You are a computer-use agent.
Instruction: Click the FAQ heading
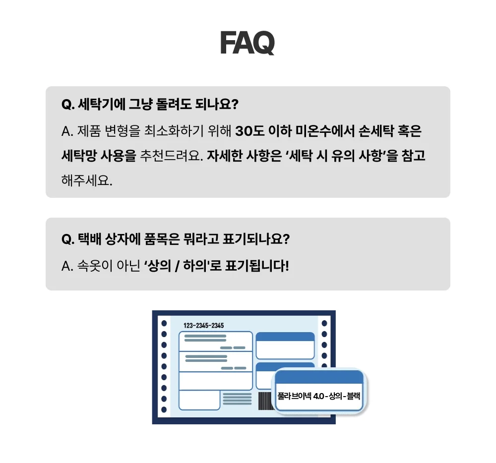pos(248,43)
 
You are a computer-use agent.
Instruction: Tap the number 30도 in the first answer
pos(250,131)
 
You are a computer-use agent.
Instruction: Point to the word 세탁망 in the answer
pos(79,156)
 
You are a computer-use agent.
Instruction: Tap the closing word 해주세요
pos(87,180)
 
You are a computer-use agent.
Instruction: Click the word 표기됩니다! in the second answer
pos(257,266)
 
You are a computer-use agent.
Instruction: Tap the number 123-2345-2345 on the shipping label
pos(204,326)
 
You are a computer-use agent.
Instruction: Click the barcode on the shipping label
pos(265,401)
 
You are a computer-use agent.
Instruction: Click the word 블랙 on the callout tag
pos(353,396)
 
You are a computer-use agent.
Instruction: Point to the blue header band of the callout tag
pos(319,377)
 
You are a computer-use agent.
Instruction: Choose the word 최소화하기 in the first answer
pos(174,131)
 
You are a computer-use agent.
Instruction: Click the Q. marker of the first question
pos(68,104)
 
